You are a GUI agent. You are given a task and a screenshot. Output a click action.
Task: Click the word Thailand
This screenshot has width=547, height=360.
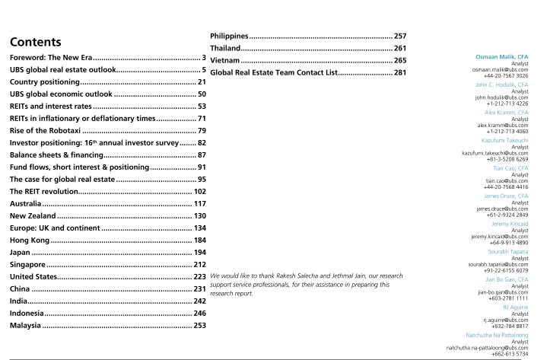229,48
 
